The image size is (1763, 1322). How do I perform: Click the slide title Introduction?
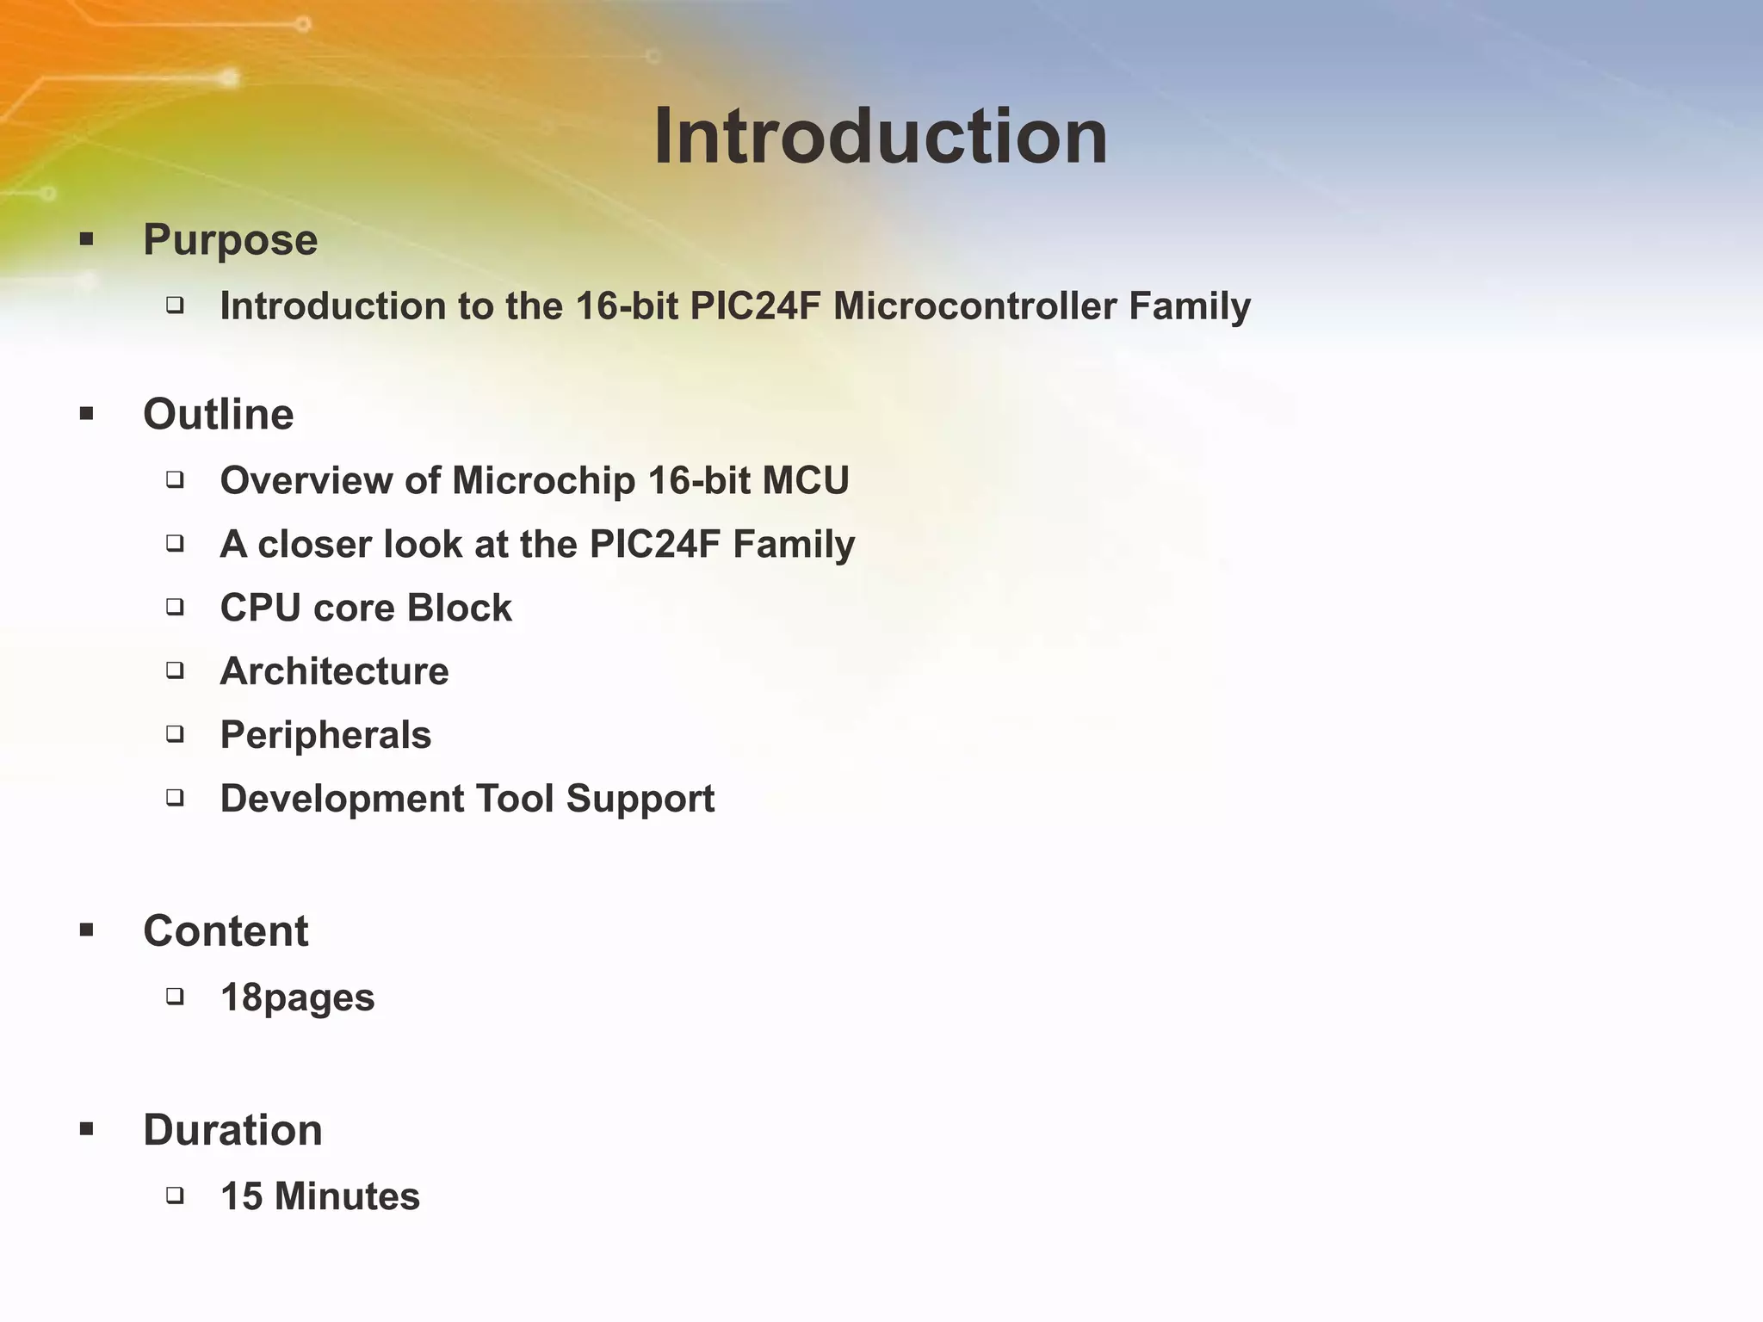(880, 138)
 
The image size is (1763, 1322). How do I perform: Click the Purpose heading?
(230, 239)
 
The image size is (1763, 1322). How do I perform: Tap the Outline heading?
(218, 414)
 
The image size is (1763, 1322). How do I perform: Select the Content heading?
(226, 930)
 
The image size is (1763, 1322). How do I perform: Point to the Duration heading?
(232, 1129)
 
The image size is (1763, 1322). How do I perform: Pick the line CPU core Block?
(366, 608)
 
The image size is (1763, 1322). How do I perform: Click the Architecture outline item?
(334, 671)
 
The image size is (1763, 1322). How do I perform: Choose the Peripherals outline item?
(325, 735)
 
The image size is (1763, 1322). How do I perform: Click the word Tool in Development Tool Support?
(514, 799)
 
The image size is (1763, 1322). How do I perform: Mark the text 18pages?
(297, 998)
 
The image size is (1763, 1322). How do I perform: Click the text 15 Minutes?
(319, 1196)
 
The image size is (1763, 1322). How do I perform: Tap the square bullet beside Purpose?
(86, 239)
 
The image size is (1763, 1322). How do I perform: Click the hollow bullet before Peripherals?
(176, 734)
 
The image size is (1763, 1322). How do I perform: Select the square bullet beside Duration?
(86, 1129)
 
